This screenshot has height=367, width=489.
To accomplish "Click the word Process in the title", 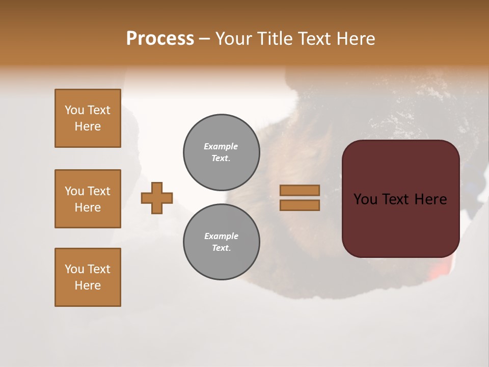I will coord(160,39).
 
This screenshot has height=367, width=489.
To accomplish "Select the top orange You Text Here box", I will coord(88,118).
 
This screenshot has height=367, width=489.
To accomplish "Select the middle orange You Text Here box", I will coord(88,199).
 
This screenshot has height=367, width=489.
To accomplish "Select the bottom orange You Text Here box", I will coord(88,277).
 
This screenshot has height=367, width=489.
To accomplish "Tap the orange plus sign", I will coord(157,198).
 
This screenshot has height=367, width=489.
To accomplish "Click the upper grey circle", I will coord(221,152).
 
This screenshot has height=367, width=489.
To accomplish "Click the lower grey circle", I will coord(221,242).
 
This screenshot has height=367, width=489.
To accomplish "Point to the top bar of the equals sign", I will coord(300,191).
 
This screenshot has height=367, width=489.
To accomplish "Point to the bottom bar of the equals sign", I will coord(300,205).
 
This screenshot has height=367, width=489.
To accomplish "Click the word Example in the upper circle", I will coord(221,146).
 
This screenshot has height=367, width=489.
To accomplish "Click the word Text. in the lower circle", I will coord(221,248).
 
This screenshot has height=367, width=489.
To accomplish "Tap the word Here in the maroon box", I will coord(430,199).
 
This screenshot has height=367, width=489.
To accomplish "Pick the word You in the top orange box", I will coord(74,110).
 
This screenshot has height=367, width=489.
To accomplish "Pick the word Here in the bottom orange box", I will coord(88,285).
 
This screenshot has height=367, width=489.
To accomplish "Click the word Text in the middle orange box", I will coord(99,191).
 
